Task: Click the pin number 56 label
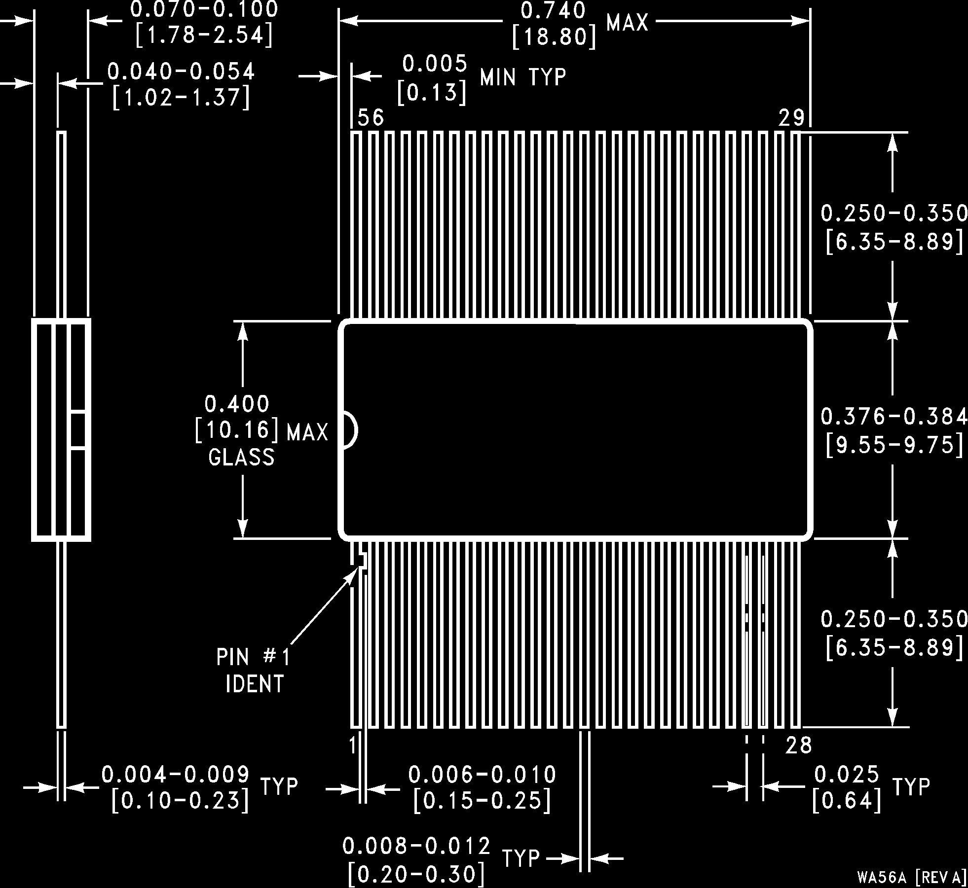coord(371,118)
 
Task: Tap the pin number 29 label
coord(791,118)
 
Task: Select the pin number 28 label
coord(798,746)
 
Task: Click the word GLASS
coord(241,458)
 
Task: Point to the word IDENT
coord(255,684)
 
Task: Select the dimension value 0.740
coord(554,11)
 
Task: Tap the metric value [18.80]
coord(554,37)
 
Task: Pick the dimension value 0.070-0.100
coord(204,10)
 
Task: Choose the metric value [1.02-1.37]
coord(181,98)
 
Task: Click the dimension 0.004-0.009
coord(176,775)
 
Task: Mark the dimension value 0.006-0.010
coord(482,775)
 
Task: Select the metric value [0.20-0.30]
coord(416,874)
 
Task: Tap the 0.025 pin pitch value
coord(847,775)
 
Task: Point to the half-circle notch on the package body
coord(350,430)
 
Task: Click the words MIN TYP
coord(523,77)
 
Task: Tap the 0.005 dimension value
coord(434,64)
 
